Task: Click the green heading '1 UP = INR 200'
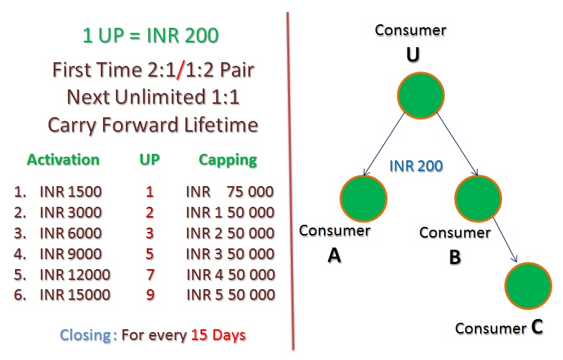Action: click(x=150, y=35)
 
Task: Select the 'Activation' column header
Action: click(x=63, y=160)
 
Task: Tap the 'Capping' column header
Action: click(x=228, y=160)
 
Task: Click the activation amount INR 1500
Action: click(x=71, y=192)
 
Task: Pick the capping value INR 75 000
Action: click(x=230, y=192)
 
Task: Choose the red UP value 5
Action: click(x=150, y=254)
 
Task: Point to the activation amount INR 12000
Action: click(x=74, y=275)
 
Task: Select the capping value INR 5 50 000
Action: click(x=231, y=295)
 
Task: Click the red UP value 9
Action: click(x=150, y=295)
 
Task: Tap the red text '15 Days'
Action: click(x=218, y=335)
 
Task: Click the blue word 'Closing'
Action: click(x=85, y=335)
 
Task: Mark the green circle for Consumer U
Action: click(x=420, y=95)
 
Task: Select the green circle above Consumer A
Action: click(x=363, y=198)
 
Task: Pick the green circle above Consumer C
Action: click(x=528, y=286)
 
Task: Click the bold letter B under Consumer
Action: click(x=455, y=257)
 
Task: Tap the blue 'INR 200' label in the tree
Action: click(x=416, y=166)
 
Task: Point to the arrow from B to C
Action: click(x=505, y=240)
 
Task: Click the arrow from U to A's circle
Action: click(x=384, y=145)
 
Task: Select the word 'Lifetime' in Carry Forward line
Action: click(x=221, y=125)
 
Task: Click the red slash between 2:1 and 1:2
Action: click(x=181, y=69)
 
